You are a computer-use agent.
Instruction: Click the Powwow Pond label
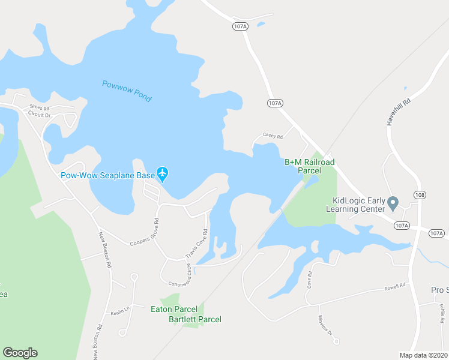click(127, 92)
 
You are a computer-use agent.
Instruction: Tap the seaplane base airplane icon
click(163, 175)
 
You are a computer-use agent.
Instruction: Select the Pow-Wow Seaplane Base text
click(107, 175)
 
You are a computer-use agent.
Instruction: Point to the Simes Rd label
click(40, 108)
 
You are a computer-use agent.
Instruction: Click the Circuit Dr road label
click(40, 114)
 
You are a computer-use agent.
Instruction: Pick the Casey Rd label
click(272, 136)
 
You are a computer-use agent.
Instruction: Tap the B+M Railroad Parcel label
click(309, 166)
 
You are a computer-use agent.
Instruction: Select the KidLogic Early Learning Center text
click(355, 205)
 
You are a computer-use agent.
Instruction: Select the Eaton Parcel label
click(173, 309)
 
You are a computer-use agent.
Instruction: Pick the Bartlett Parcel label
click(194, 319)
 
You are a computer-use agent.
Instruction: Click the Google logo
click(20, 353)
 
